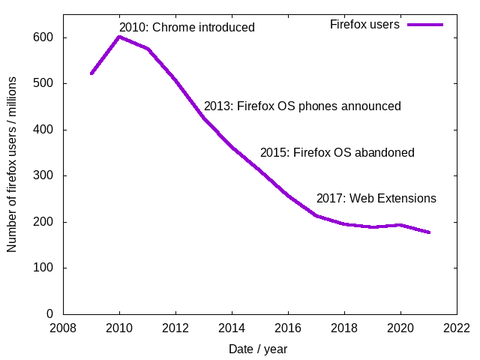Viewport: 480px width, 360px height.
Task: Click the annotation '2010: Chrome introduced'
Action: point(187,28)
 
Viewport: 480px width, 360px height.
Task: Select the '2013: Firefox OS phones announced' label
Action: point(302,106)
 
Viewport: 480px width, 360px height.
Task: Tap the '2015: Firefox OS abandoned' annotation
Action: point(337,153)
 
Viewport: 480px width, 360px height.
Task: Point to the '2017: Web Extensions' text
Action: point(376,199)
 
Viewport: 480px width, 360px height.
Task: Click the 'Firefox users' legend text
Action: point(364,25)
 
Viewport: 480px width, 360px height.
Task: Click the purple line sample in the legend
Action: point(425,25)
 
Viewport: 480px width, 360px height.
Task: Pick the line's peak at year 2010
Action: point(119,37)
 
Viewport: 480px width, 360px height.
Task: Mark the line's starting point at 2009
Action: point(91,73)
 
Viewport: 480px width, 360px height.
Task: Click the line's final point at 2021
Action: point(429,232)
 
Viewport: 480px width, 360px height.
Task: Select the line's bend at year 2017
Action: point(316,216)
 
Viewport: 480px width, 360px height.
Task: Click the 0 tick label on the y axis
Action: point(50,314)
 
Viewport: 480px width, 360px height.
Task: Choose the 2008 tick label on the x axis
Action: point(63,328)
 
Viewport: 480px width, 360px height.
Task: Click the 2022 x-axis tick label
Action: point(457,328)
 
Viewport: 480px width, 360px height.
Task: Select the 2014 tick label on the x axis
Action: point(232,328)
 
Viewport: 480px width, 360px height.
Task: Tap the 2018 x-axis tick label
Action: point(344,328)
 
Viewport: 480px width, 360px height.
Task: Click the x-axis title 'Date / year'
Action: point(258,349)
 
